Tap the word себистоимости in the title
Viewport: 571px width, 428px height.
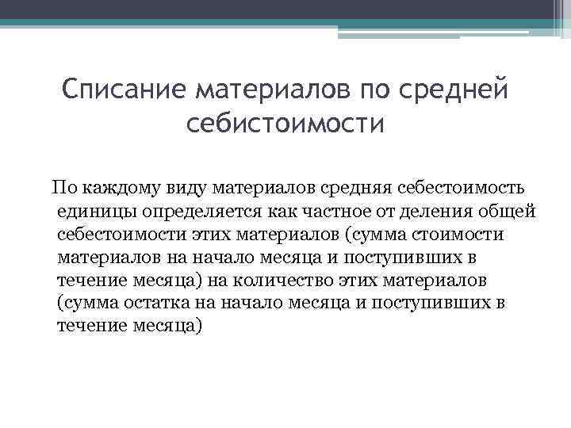click(285, 124)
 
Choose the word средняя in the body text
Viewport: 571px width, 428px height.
click(359, 188)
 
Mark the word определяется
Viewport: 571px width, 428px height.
click(195, 211)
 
